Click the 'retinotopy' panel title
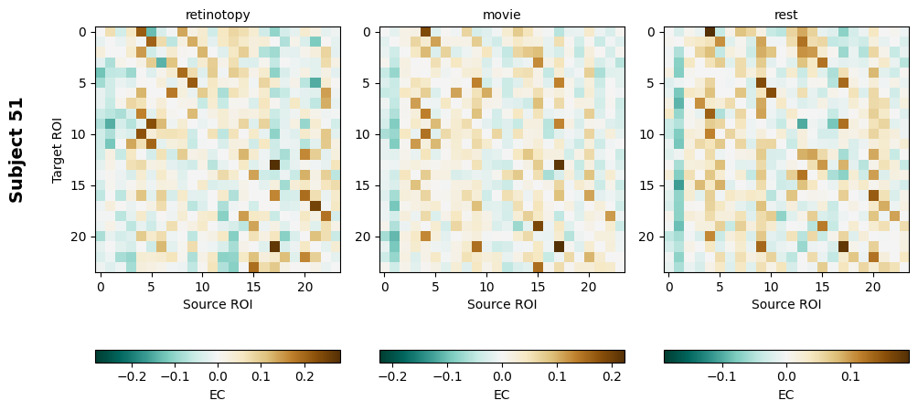coord(218,15)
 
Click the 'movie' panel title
coord(502,15)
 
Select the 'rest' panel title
coord(786,15)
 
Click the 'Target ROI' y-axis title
coord(59,149)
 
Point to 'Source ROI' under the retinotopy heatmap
coord(218,304)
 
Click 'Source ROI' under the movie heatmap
coord(502,304)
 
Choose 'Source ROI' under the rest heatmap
coord(786,304)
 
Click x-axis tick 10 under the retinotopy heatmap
coord(203,287)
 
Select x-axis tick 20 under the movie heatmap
coord(589,287)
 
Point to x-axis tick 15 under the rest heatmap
coord(822,287)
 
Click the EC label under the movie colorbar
coord(502,395)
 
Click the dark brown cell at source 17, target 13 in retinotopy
coord(274,165)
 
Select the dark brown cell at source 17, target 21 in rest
coord(843,247)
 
